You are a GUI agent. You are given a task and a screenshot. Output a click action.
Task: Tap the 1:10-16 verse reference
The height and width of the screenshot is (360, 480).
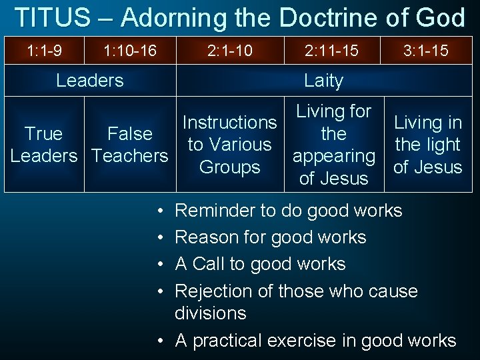point(130,50)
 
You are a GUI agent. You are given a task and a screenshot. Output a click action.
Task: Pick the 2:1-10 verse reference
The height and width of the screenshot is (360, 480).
point(230,50)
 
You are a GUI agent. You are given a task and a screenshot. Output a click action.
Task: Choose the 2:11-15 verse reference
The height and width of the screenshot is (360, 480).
point(333,50)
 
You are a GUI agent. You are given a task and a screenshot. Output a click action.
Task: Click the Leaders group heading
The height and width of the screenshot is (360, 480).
point(89,81)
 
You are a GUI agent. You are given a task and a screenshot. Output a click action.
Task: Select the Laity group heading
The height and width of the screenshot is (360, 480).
point(323,81)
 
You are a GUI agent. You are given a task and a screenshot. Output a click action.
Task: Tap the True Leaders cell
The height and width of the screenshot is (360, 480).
point(43,145)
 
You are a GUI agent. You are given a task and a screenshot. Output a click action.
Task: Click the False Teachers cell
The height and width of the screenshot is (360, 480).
point(130,145)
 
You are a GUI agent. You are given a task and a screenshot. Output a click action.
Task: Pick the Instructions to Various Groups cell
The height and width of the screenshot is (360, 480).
point(230,145)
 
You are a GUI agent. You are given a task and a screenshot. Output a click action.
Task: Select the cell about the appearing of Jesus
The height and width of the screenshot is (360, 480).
point(333,145)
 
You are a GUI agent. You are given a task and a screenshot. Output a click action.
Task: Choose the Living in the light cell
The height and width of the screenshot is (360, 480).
point(427,145)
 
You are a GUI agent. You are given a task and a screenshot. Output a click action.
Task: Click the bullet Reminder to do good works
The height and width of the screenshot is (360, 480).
point(288,211)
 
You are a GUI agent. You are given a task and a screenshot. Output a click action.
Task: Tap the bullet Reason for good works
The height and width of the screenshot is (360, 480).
point(270,237)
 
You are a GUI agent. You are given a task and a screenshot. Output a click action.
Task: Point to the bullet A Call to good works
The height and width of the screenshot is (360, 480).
point(260,264)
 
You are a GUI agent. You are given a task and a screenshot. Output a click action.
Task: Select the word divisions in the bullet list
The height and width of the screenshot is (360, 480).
point(211,313)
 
